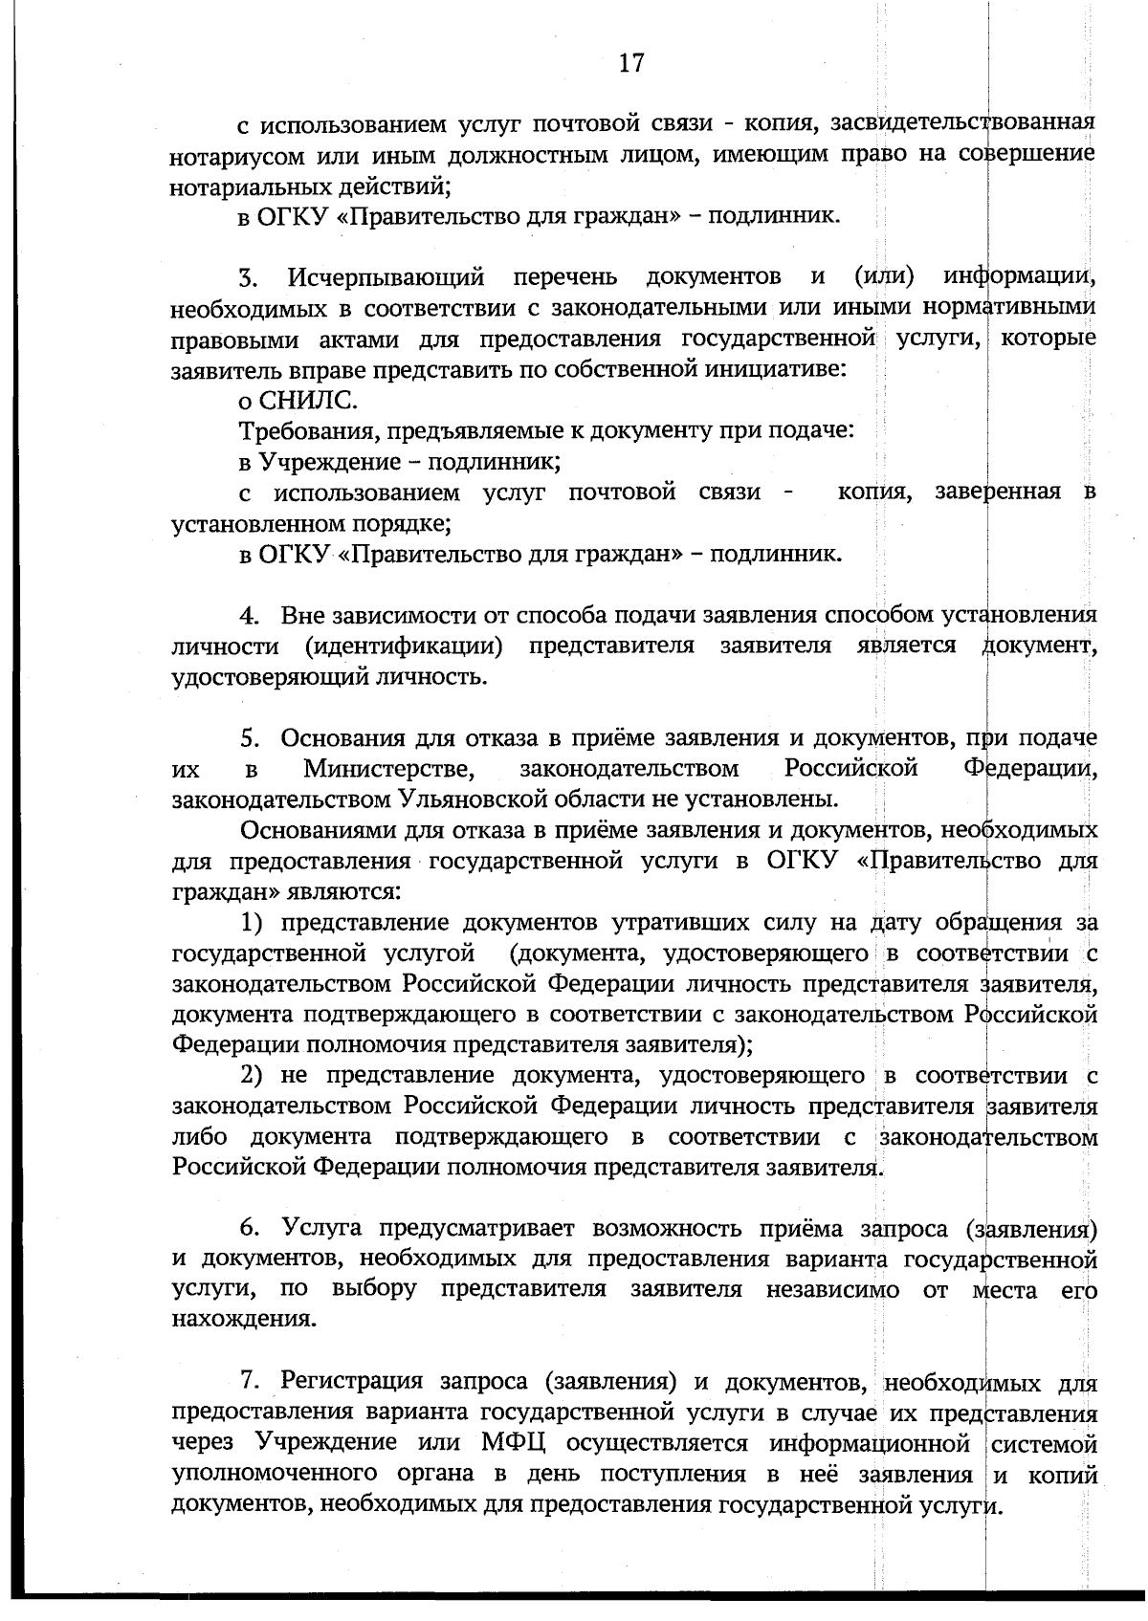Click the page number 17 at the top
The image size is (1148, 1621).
(631, 64)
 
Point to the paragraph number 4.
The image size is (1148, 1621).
(250, 615)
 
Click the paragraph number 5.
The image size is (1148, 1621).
(250, 738)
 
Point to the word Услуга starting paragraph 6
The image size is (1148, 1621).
(321, 1228)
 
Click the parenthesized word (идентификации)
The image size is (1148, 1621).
(404, 646)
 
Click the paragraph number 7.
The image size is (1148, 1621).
(249, 1381)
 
